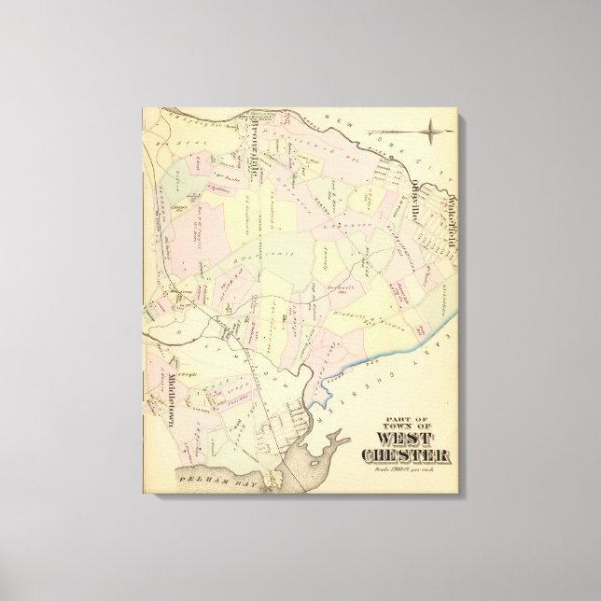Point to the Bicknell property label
tap(342, 277)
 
